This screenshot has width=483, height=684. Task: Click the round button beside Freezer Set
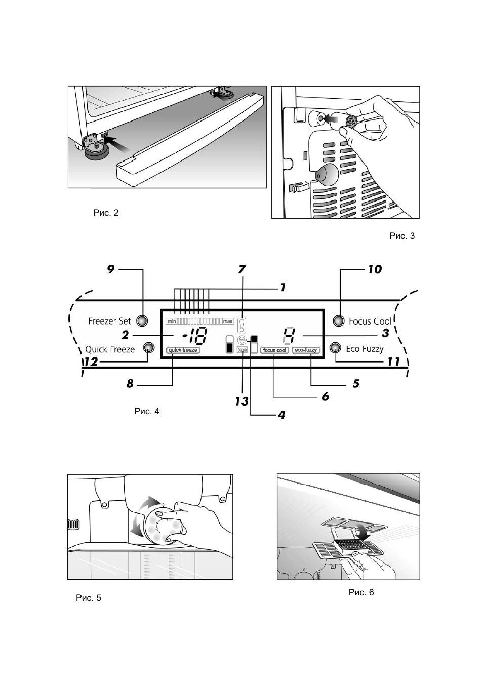click(142, 320)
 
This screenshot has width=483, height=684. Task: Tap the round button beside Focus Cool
click(339, 320)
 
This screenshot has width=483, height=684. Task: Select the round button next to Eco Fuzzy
click(335, 348)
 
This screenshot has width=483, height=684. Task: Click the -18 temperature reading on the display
click(194, 335)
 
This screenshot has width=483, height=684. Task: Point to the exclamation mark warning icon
click(244, 325)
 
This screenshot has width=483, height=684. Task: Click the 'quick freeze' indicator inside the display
click(183, 350)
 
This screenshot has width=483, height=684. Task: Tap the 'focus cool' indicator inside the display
click(274, 350)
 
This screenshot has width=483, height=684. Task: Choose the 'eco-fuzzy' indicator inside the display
click(306, 350)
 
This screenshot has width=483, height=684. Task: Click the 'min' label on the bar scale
click(171, 321)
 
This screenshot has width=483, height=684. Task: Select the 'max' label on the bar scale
click(228, 321)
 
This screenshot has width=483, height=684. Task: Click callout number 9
click(111, 269)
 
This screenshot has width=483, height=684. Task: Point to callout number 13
click(241, 401)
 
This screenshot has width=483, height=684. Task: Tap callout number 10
click(375, 269)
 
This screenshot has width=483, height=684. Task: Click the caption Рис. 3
click(402, 236)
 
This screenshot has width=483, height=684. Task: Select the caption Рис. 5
click(89, 598)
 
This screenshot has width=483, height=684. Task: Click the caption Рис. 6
click(361, 592)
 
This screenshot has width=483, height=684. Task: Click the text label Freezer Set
click(109, 321)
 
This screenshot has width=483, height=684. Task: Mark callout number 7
click(242, 269)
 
